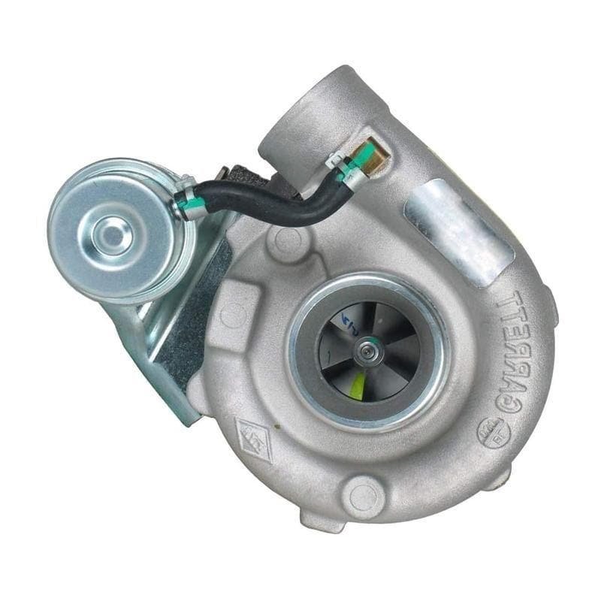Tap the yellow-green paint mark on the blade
coord(359,384)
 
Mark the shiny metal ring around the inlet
coord(368,285)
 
